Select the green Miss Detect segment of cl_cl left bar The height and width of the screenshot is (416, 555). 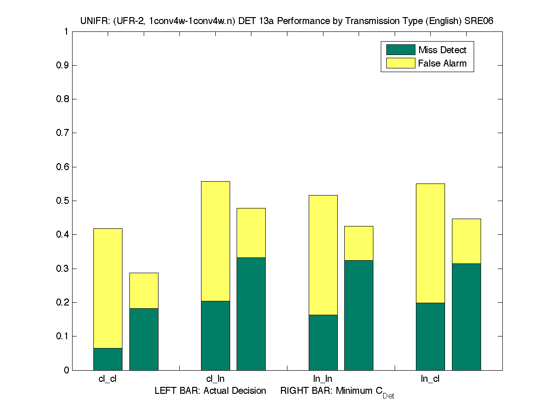coord(108,359)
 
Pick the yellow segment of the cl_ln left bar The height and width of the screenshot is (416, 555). coord(215,241)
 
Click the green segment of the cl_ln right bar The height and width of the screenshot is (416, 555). coord(251,314)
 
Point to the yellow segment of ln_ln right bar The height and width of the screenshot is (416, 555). coord(359,243)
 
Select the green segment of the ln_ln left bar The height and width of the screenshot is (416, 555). coord(323,343)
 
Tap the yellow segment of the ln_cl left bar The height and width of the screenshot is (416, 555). coord(430,243)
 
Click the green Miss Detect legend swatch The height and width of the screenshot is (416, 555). coord(400,50)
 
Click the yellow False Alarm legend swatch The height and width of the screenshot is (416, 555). coord(400,63)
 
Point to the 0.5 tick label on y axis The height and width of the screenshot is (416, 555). coord(62,201)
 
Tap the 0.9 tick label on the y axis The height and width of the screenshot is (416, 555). coord(62,65)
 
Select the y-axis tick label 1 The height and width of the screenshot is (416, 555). coord(67,31)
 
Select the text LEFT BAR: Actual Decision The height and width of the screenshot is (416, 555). coord(210,391)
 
